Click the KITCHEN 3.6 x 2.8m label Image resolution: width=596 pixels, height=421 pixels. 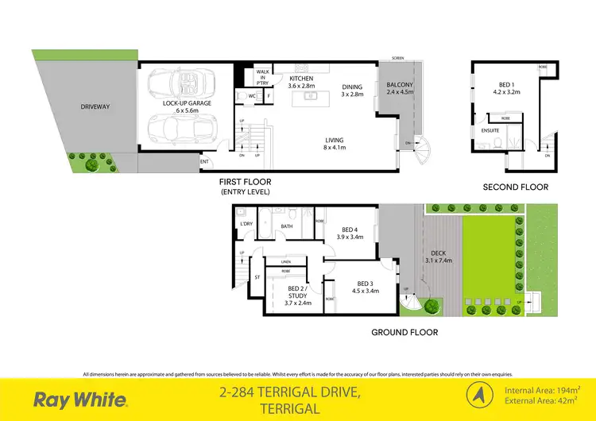click(301, 83)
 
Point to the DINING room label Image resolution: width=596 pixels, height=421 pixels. click(352, 90)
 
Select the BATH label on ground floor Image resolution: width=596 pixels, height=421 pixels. click(287, 226)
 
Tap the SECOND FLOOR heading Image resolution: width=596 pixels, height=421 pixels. click(515, 187)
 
